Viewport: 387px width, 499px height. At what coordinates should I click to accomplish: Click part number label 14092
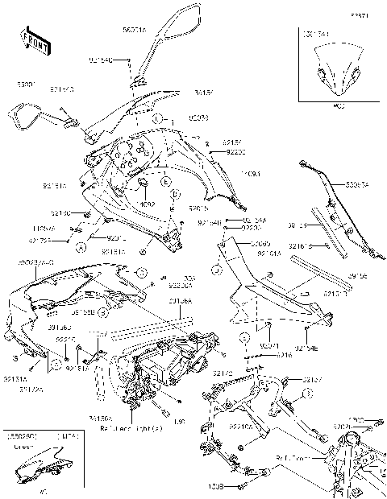pyautogui.click(x=146, y=204)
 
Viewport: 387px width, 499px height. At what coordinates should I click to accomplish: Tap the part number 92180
pyautogui.click(x=60, y=213)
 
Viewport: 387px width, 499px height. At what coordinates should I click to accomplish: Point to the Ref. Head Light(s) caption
pyautogui.click(x=129, y=429)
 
